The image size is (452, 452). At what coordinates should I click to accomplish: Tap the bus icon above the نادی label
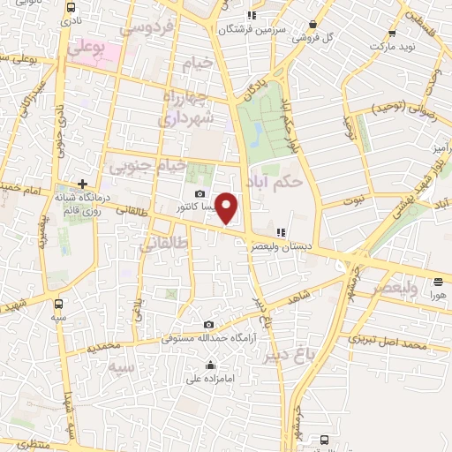pos(71,6)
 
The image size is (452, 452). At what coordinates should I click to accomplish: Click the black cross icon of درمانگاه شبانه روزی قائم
pos(82,184)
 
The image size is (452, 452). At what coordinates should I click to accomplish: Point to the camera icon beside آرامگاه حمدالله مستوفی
pos(208,325)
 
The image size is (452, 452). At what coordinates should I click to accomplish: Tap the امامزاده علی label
pos(208,379)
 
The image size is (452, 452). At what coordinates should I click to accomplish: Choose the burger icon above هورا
pos(439,282)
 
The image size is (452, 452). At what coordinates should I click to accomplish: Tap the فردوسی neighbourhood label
pos(154,28)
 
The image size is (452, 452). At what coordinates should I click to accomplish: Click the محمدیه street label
pos(103,347)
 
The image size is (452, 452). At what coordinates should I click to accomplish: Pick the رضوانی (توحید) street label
pos(385,109)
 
